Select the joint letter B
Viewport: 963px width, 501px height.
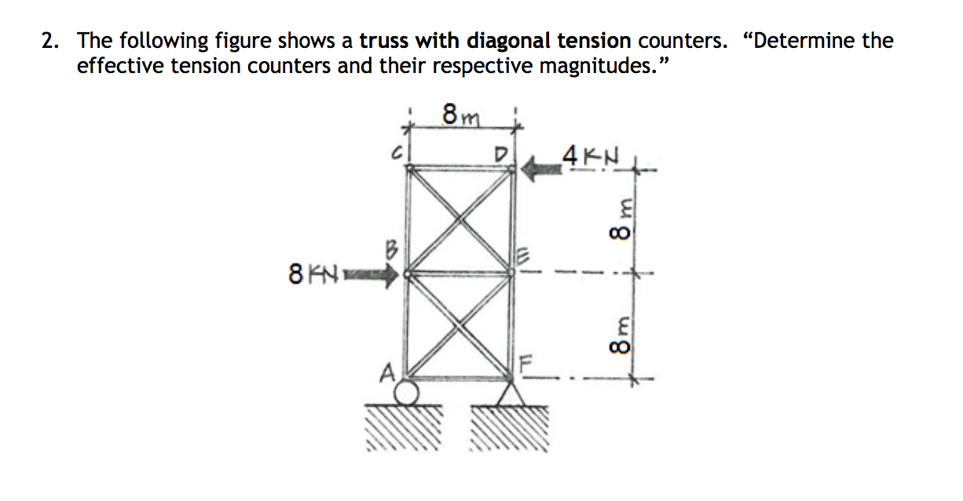point(393,252)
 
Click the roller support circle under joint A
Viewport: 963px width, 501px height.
point(406,390)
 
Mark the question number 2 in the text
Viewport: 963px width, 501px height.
point(49,41)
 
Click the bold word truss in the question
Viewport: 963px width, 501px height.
point(384,41)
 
